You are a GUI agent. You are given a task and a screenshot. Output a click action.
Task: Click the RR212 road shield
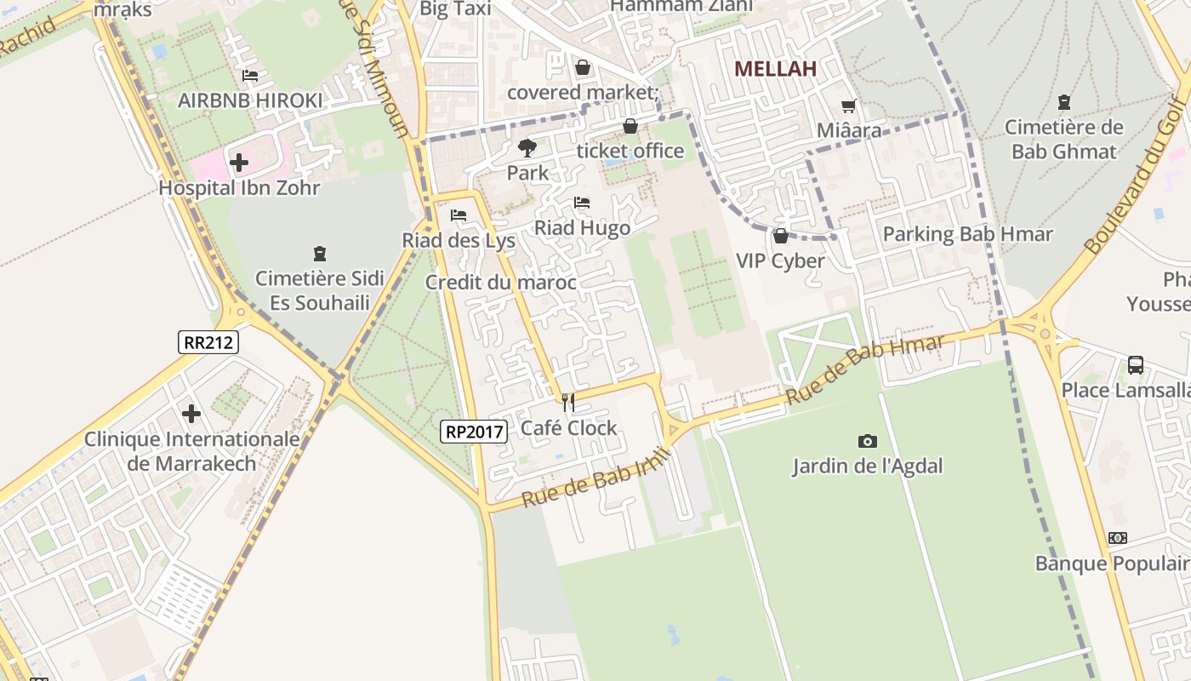[x=208, y=342]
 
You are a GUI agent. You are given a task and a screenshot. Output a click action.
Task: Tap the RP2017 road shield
[x=475, y=432]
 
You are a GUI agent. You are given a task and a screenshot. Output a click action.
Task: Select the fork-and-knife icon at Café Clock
[x=568, y=403]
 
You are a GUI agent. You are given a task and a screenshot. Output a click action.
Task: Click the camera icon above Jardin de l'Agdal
[x=867, y=441]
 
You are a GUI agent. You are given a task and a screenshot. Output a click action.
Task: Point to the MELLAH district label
[x=775, y=69]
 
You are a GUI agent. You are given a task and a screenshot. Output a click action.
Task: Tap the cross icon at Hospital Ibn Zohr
[x=239, y=162]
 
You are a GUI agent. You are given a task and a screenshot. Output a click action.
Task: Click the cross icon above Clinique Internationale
[x=191, y=414]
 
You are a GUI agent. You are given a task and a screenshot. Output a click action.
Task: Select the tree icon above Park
[x=527, y=148]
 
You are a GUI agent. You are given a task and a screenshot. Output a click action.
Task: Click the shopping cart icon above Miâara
[x=848, y=106]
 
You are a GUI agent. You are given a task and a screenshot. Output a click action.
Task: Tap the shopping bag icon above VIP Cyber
[x=780, y=236]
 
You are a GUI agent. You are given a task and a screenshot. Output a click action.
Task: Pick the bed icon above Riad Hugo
[x=582, y=203]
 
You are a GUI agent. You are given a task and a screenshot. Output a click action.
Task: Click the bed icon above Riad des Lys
[x=459, y=215]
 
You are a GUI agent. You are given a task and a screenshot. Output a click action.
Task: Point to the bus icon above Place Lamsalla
[x=1135, y=365]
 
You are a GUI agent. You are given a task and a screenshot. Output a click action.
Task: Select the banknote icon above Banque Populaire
[x=1118, y=538]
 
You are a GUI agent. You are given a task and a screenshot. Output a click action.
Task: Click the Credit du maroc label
[x=501, y=283]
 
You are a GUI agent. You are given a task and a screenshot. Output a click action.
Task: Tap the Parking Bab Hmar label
[x=968, y=234]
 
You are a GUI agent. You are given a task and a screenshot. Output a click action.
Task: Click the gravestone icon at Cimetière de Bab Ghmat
[x=1063, y=103]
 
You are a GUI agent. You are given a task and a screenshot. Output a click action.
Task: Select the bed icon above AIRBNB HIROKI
[x=250, y=76]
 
